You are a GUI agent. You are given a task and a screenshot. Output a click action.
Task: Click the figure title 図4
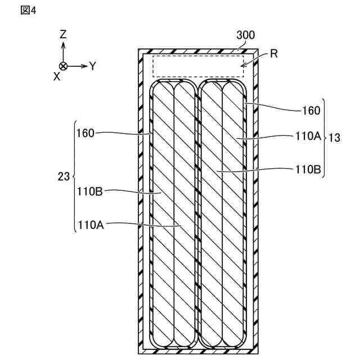tap(28, 11)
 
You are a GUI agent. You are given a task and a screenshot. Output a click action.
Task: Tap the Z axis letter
tap(63, 35)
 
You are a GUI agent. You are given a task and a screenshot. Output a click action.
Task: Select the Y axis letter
tap(93, 66)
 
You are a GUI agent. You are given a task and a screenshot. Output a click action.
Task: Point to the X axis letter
tap(57, 76)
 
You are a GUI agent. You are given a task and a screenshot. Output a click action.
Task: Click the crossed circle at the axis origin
tap(63, 66)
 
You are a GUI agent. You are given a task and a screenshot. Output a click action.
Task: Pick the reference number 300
tap(245, 35)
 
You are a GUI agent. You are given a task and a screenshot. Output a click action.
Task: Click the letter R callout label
tap(274, 54)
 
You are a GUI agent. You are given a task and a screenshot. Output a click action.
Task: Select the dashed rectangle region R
tap(198, 66)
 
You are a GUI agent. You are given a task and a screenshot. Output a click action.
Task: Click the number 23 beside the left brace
tap(64, 176)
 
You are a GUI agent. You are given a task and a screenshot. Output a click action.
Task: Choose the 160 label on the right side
tap(311, 110)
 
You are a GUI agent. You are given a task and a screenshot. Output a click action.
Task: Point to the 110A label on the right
tap(308, 136)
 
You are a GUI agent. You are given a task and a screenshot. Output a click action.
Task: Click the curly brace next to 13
tap(325, 138)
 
